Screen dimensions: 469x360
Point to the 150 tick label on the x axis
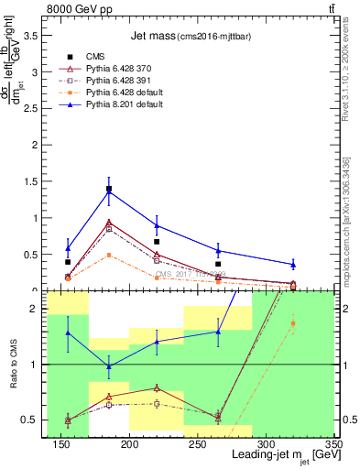61,445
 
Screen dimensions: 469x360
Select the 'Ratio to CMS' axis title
13,365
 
